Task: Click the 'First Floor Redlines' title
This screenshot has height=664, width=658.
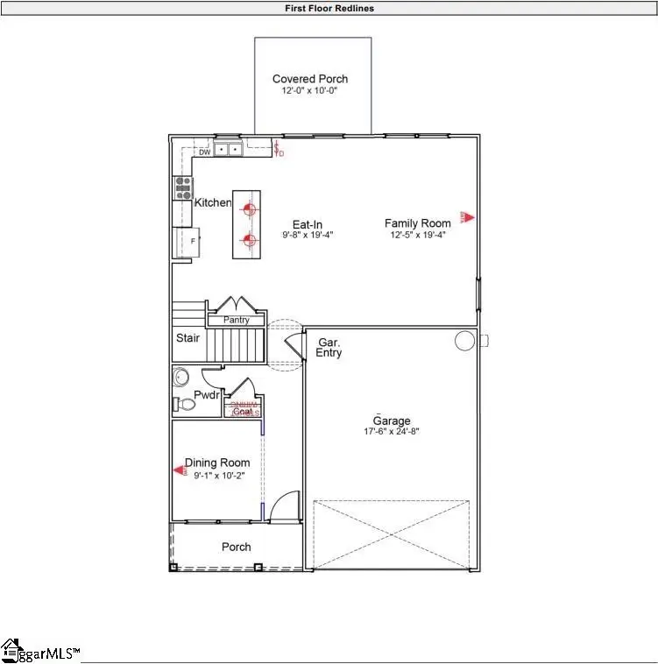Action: [329, 9]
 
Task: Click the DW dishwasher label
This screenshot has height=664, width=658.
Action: [203, 152]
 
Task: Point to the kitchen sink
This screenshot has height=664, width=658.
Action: [228, 150]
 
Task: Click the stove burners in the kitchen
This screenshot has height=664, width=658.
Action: [183, 187]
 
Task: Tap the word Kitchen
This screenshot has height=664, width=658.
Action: [213, 203]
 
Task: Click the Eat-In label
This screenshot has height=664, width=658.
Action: [308, 224]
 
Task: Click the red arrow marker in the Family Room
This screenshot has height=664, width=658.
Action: [469, 217]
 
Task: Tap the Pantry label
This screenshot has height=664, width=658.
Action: [236, 321]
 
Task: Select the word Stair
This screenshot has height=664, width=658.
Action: [187, 338]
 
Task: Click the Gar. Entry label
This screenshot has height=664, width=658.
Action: [329, 348]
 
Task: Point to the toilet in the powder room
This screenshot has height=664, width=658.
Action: [185, 404]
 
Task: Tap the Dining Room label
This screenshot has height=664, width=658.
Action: [216, 463]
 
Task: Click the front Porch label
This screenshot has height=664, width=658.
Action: [236, 547]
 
